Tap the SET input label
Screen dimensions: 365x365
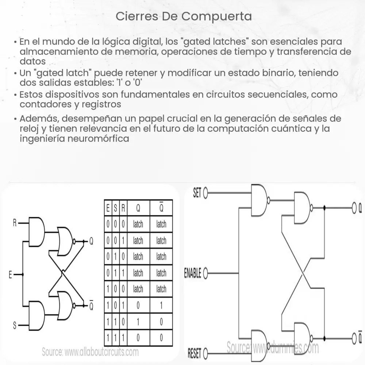tap(197, 193)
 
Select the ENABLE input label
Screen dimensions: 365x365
tap(192, 273)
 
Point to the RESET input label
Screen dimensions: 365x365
tap(195, 353)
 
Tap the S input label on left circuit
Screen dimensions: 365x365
tap(15, 325)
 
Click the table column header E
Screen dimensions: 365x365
tap(108, 208)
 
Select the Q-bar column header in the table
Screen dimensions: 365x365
tap(161, 208)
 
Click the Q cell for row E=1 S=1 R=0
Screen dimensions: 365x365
tap(138, 322)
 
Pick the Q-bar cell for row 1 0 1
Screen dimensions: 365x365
tap(161, 305)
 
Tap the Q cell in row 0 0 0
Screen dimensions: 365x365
tap(138, 224)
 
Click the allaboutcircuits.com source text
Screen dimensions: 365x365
tap(90, 352)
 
